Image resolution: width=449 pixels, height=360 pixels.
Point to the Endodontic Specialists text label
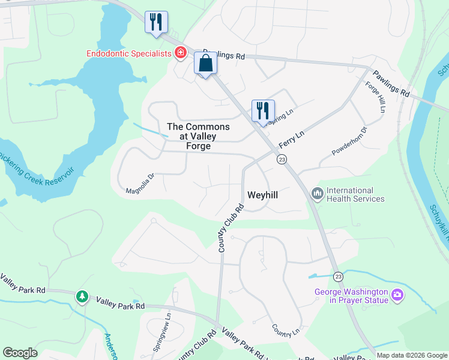(x=129, y=53)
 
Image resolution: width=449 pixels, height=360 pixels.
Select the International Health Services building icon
(x=316, y=194)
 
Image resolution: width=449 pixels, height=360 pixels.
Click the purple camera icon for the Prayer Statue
(x=396, y=295)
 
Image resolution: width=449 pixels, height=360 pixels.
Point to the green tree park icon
(x=82, y=296)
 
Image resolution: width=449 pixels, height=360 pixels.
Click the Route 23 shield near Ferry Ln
(x=281, y=160)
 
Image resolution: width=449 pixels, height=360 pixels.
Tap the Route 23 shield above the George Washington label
(x=338, y=276)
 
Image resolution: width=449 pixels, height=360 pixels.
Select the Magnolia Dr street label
(x=140, y=184)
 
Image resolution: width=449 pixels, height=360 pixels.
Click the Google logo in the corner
(x=20, y=353)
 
